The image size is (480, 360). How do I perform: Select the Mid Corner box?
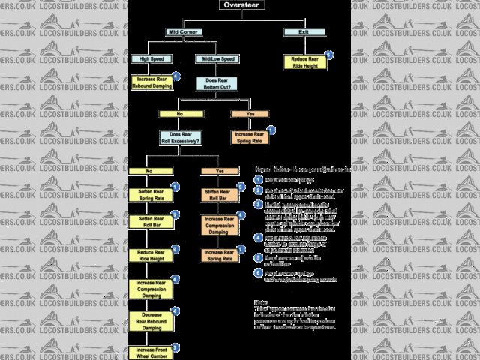click(x=184, y=32)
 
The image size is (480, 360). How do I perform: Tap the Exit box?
click(x=304, y=32)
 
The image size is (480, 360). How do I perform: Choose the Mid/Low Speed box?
click(x=217, y=58)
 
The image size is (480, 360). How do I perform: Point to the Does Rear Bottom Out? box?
click(x=217, y=84)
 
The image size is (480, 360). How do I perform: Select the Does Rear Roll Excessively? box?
click(x=181, y=138)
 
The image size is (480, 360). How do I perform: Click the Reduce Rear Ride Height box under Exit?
click(x=304, y=62)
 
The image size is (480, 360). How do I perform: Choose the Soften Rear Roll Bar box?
click(x=151, y=223)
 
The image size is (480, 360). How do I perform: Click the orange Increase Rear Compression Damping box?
click(x=219, y=226)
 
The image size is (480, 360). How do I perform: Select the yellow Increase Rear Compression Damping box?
click(x=151, y=289)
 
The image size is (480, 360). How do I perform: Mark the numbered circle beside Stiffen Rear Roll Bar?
click(x=241, y=187)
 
